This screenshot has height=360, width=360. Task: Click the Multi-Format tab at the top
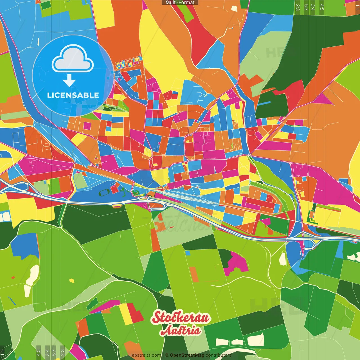180,3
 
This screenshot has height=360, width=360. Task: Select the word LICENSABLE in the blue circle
73,95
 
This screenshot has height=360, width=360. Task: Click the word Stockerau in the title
181,318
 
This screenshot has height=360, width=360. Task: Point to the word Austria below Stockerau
181,331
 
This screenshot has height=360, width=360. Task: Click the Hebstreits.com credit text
145,355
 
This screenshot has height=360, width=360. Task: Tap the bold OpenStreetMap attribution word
187,355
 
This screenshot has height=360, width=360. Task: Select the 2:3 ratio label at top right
298,7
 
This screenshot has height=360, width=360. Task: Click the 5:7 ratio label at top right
306,7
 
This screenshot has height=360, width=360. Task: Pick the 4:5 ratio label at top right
322,7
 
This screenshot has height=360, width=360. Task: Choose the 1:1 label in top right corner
357,7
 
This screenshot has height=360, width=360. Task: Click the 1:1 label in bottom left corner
2,352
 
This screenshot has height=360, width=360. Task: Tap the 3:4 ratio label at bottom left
47,352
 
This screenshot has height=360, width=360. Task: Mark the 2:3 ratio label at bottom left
62,352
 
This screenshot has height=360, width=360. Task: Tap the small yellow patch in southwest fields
72,280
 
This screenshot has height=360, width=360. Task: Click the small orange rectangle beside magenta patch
194,274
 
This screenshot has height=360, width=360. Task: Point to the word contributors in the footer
218,355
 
